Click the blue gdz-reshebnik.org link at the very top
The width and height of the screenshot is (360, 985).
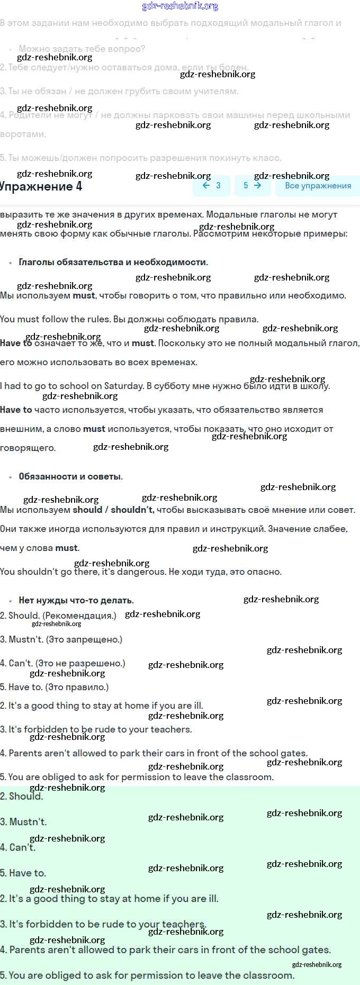[180, 6]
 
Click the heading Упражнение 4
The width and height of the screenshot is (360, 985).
[41, 186]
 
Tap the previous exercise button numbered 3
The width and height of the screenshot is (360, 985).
[211, 185]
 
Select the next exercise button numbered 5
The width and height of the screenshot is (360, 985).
[252, 185]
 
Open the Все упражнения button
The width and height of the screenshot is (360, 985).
[318, 186]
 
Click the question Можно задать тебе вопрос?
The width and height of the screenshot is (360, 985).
[82, 49]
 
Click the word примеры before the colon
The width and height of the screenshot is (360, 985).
[327, 233]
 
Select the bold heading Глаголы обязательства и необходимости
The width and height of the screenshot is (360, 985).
[113, 262]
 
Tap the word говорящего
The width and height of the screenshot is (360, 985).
[28, 448]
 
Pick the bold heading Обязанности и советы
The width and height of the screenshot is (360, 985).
[70, 476]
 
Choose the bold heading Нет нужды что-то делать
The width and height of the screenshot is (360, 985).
[76, 600]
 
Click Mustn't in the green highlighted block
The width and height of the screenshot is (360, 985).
[28, 822]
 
